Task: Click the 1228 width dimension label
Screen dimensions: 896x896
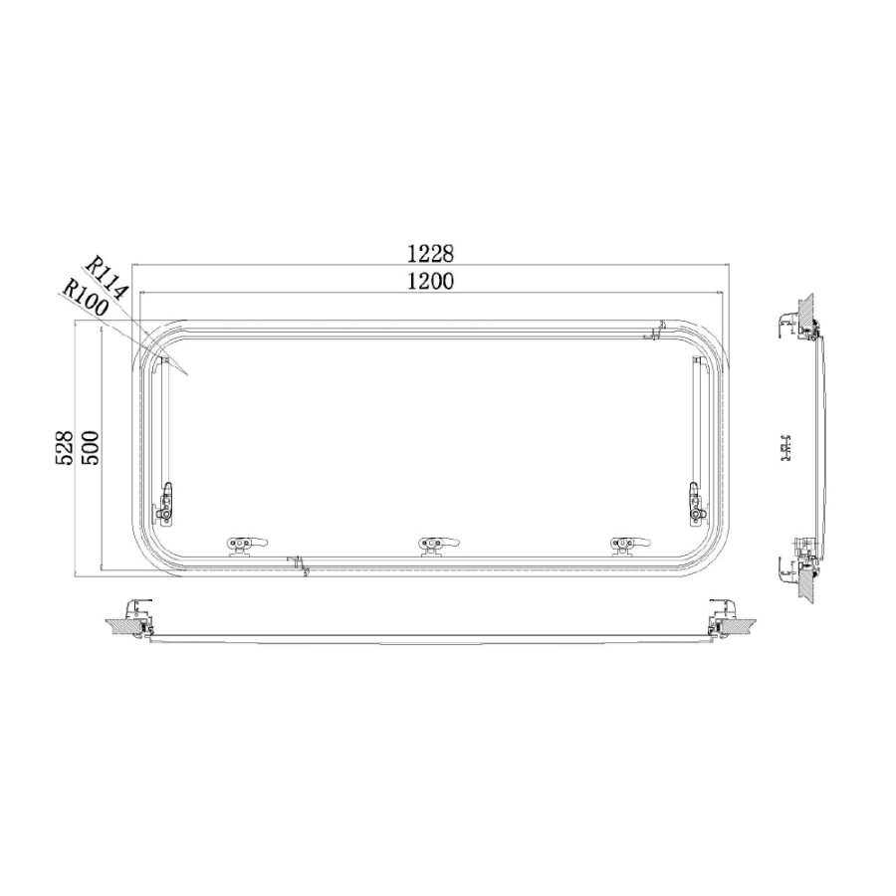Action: (x=430, y=253)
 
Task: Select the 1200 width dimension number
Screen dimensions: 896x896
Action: (x=430, y=281)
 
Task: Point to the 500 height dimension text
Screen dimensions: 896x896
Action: (x=91, y=448)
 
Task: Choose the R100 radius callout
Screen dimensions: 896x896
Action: (x=85, y=298)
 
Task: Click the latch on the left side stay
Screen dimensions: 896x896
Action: (x=165, y=503)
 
